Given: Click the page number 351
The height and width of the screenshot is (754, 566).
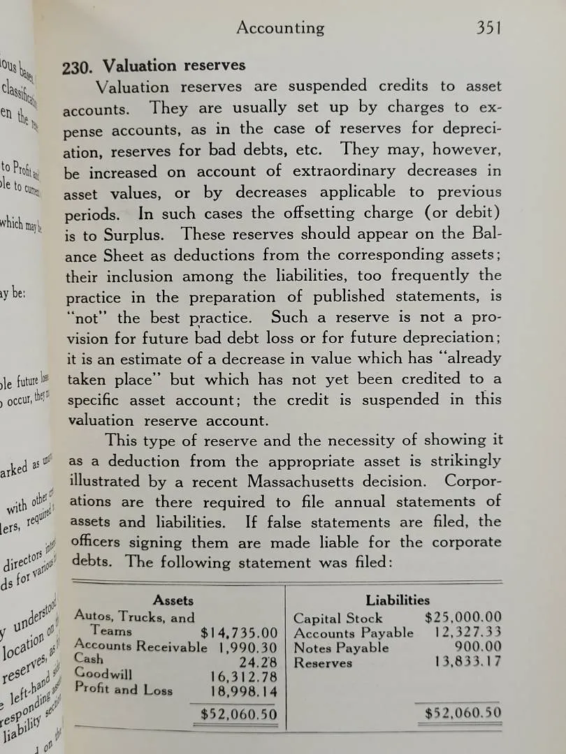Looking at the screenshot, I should pos(489,28).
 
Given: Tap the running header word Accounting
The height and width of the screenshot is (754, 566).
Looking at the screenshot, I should pos(280,28).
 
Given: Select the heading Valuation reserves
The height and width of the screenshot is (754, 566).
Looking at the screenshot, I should pos(174,66).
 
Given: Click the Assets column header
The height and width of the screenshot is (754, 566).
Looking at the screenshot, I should pos(173,600).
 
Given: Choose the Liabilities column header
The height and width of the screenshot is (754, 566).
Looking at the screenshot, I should pos(398,600).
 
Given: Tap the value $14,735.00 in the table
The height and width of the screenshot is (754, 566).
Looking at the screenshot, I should pos(239,633).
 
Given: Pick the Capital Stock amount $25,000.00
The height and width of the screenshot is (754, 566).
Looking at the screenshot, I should pos(463,617).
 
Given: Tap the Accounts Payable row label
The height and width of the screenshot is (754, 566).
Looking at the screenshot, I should pos(354,633).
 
